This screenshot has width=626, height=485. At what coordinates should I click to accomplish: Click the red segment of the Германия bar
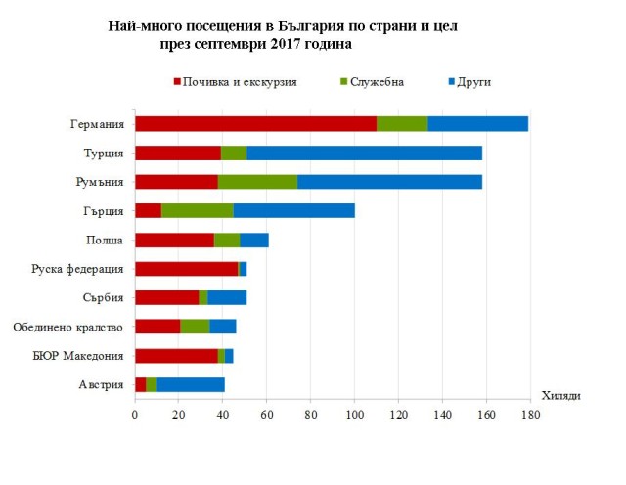pos(255,123)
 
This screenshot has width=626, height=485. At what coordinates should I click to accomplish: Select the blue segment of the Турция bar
pos(364,153)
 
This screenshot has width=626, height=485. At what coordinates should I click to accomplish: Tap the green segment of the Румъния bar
pos(257,182)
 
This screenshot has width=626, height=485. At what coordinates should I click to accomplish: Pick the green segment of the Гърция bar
pos(198,210)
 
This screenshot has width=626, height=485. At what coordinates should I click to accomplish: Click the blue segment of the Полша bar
pos(253,240)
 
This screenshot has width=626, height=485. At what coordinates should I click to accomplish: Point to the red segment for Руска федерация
pos(186,269)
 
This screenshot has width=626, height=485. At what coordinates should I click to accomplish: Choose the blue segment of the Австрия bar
pos(191,384)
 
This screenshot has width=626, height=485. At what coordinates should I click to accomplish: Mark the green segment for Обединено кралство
pos(195,327)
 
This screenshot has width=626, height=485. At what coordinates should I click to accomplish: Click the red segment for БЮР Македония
pos(176,356)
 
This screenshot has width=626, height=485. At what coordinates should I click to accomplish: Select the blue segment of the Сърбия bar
pos(227,297)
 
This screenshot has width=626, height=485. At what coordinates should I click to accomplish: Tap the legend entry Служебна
pos(376,82)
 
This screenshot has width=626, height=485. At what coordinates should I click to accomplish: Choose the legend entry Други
pos(473,82)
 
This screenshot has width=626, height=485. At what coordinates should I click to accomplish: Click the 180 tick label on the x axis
pos(530,415)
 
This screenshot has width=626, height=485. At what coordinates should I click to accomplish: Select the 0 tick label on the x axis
pos(135,415)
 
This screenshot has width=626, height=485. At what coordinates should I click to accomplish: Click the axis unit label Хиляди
pos(561,395)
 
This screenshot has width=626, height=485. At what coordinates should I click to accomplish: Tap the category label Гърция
pos(104,210)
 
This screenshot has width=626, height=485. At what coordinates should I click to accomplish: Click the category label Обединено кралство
pos(67,327)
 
